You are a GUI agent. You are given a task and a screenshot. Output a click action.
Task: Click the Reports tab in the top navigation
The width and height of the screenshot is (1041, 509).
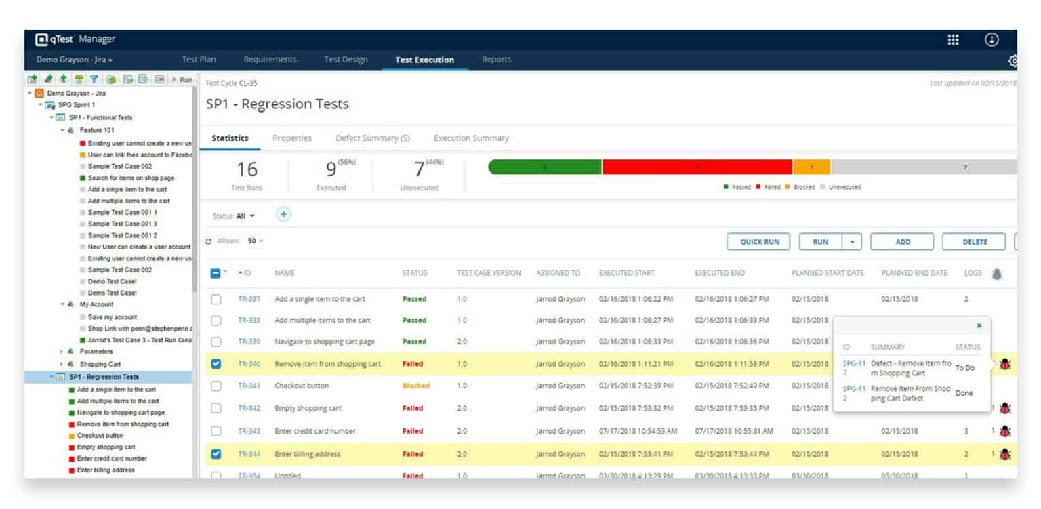(x=496, y=60)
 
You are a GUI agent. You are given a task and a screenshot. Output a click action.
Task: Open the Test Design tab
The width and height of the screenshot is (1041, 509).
(x=346, y=60)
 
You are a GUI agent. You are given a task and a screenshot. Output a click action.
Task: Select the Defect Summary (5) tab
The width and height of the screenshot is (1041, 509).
(x=372, y=138)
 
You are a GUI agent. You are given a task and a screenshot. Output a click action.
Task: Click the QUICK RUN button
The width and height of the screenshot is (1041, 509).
(x=759, y=242)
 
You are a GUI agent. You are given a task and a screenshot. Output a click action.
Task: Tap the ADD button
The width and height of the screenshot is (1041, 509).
(x=902, y=242)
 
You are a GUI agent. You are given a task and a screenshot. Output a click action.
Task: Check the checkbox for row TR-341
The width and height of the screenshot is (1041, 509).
(x=216, y=386)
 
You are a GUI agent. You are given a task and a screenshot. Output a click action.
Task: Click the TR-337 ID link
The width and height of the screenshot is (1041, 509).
(x=249, y=299)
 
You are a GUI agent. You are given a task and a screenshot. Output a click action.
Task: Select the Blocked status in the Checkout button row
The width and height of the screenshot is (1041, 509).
(x=415, y=386)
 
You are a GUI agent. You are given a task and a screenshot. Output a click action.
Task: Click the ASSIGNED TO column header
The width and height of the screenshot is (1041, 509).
(x=558, y=273)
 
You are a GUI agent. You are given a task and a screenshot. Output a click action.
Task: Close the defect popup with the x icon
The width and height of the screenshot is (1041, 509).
(x=979, y=326)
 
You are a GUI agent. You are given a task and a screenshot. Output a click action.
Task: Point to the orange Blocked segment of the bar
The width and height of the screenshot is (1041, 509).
(x=811, y=167)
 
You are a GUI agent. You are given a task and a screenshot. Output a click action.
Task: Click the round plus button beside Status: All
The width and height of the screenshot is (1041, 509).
(x=283, y=215)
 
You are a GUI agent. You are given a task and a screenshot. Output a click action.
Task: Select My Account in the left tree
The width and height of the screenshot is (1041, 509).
(x=96, y=305)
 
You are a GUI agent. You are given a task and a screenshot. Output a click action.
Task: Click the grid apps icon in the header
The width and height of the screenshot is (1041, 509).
(x=953, y=40)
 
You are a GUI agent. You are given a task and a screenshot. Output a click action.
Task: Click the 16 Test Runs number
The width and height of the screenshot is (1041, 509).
(x=247, y=169)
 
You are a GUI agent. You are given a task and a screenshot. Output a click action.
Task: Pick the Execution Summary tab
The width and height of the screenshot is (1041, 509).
(x=471, y=138)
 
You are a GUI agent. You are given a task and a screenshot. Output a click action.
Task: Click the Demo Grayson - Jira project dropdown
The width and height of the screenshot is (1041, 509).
(x=75, y=60)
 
